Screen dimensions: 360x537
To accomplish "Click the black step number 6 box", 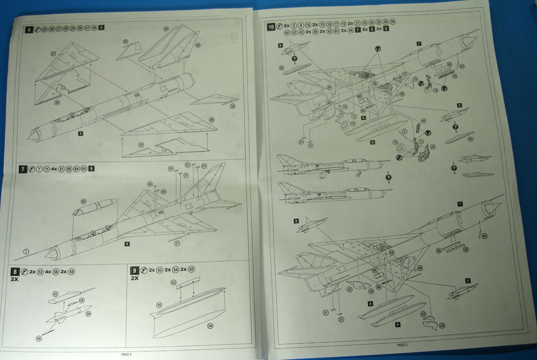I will click(29, 29).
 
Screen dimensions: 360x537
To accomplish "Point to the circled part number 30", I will click(233, 106).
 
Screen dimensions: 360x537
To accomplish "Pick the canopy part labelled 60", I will click(95, 207).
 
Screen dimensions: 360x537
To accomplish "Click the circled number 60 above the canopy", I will click(83, 201).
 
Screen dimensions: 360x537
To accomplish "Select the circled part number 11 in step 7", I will click(177, 243).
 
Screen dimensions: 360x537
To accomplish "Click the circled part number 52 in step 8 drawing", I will click(55, 294).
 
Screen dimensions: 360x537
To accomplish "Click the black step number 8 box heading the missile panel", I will click(14, 271).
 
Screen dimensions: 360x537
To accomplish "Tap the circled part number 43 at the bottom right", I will click(442, 326).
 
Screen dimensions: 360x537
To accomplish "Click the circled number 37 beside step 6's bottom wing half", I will click(126, 144).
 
